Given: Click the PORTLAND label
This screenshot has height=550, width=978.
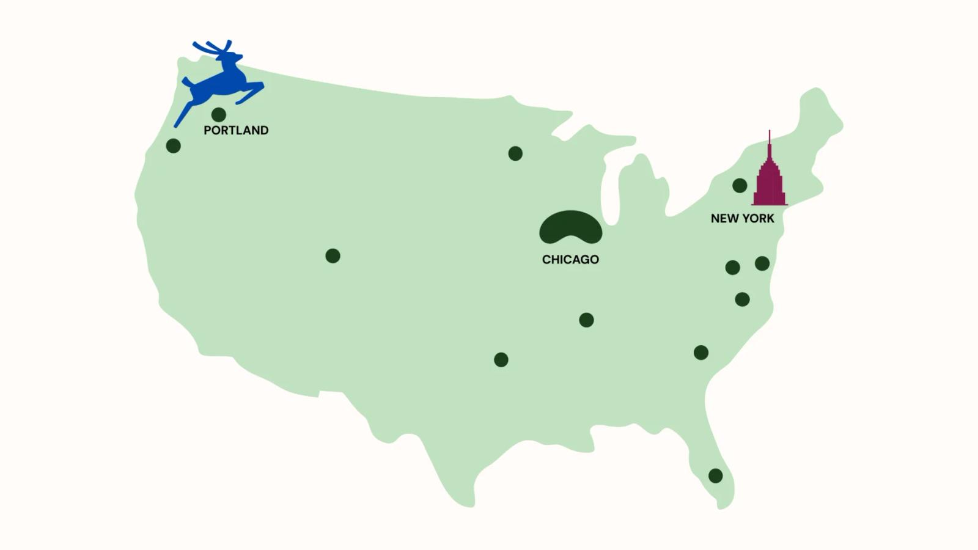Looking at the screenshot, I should click(236, 130).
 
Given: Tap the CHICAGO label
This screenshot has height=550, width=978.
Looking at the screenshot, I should click(570, 260).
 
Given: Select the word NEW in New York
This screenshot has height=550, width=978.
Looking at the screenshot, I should click(724, 218).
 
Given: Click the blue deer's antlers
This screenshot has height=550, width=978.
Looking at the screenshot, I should click(214, 48).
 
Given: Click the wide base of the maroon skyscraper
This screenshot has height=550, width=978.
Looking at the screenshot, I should click(770, 197).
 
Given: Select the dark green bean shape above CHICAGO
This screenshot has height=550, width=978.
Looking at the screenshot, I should click(570, 227).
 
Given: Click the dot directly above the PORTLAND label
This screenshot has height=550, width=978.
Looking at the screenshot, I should click(219, 114).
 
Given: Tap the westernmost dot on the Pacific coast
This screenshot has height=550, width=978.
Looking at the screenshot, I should click(174, 146).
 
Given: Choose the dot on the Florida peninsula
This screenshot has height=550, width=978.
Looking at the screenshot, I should click(715, 475).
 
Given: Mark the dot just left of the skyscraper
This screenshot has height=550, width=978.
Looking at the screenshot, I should click(740, 185).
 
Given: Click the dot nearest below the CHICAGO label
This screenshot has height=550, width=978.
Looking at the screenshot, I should click(586, 320).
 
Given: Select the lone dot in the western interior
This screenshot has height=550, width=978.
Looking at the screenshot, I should click(333, 255).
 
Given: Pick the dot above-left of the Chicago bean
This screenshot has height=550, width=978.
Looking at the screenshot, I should click(515, 153).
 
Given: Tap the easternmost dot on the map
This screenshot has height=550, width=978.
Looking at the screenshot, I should click(762, 263).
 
